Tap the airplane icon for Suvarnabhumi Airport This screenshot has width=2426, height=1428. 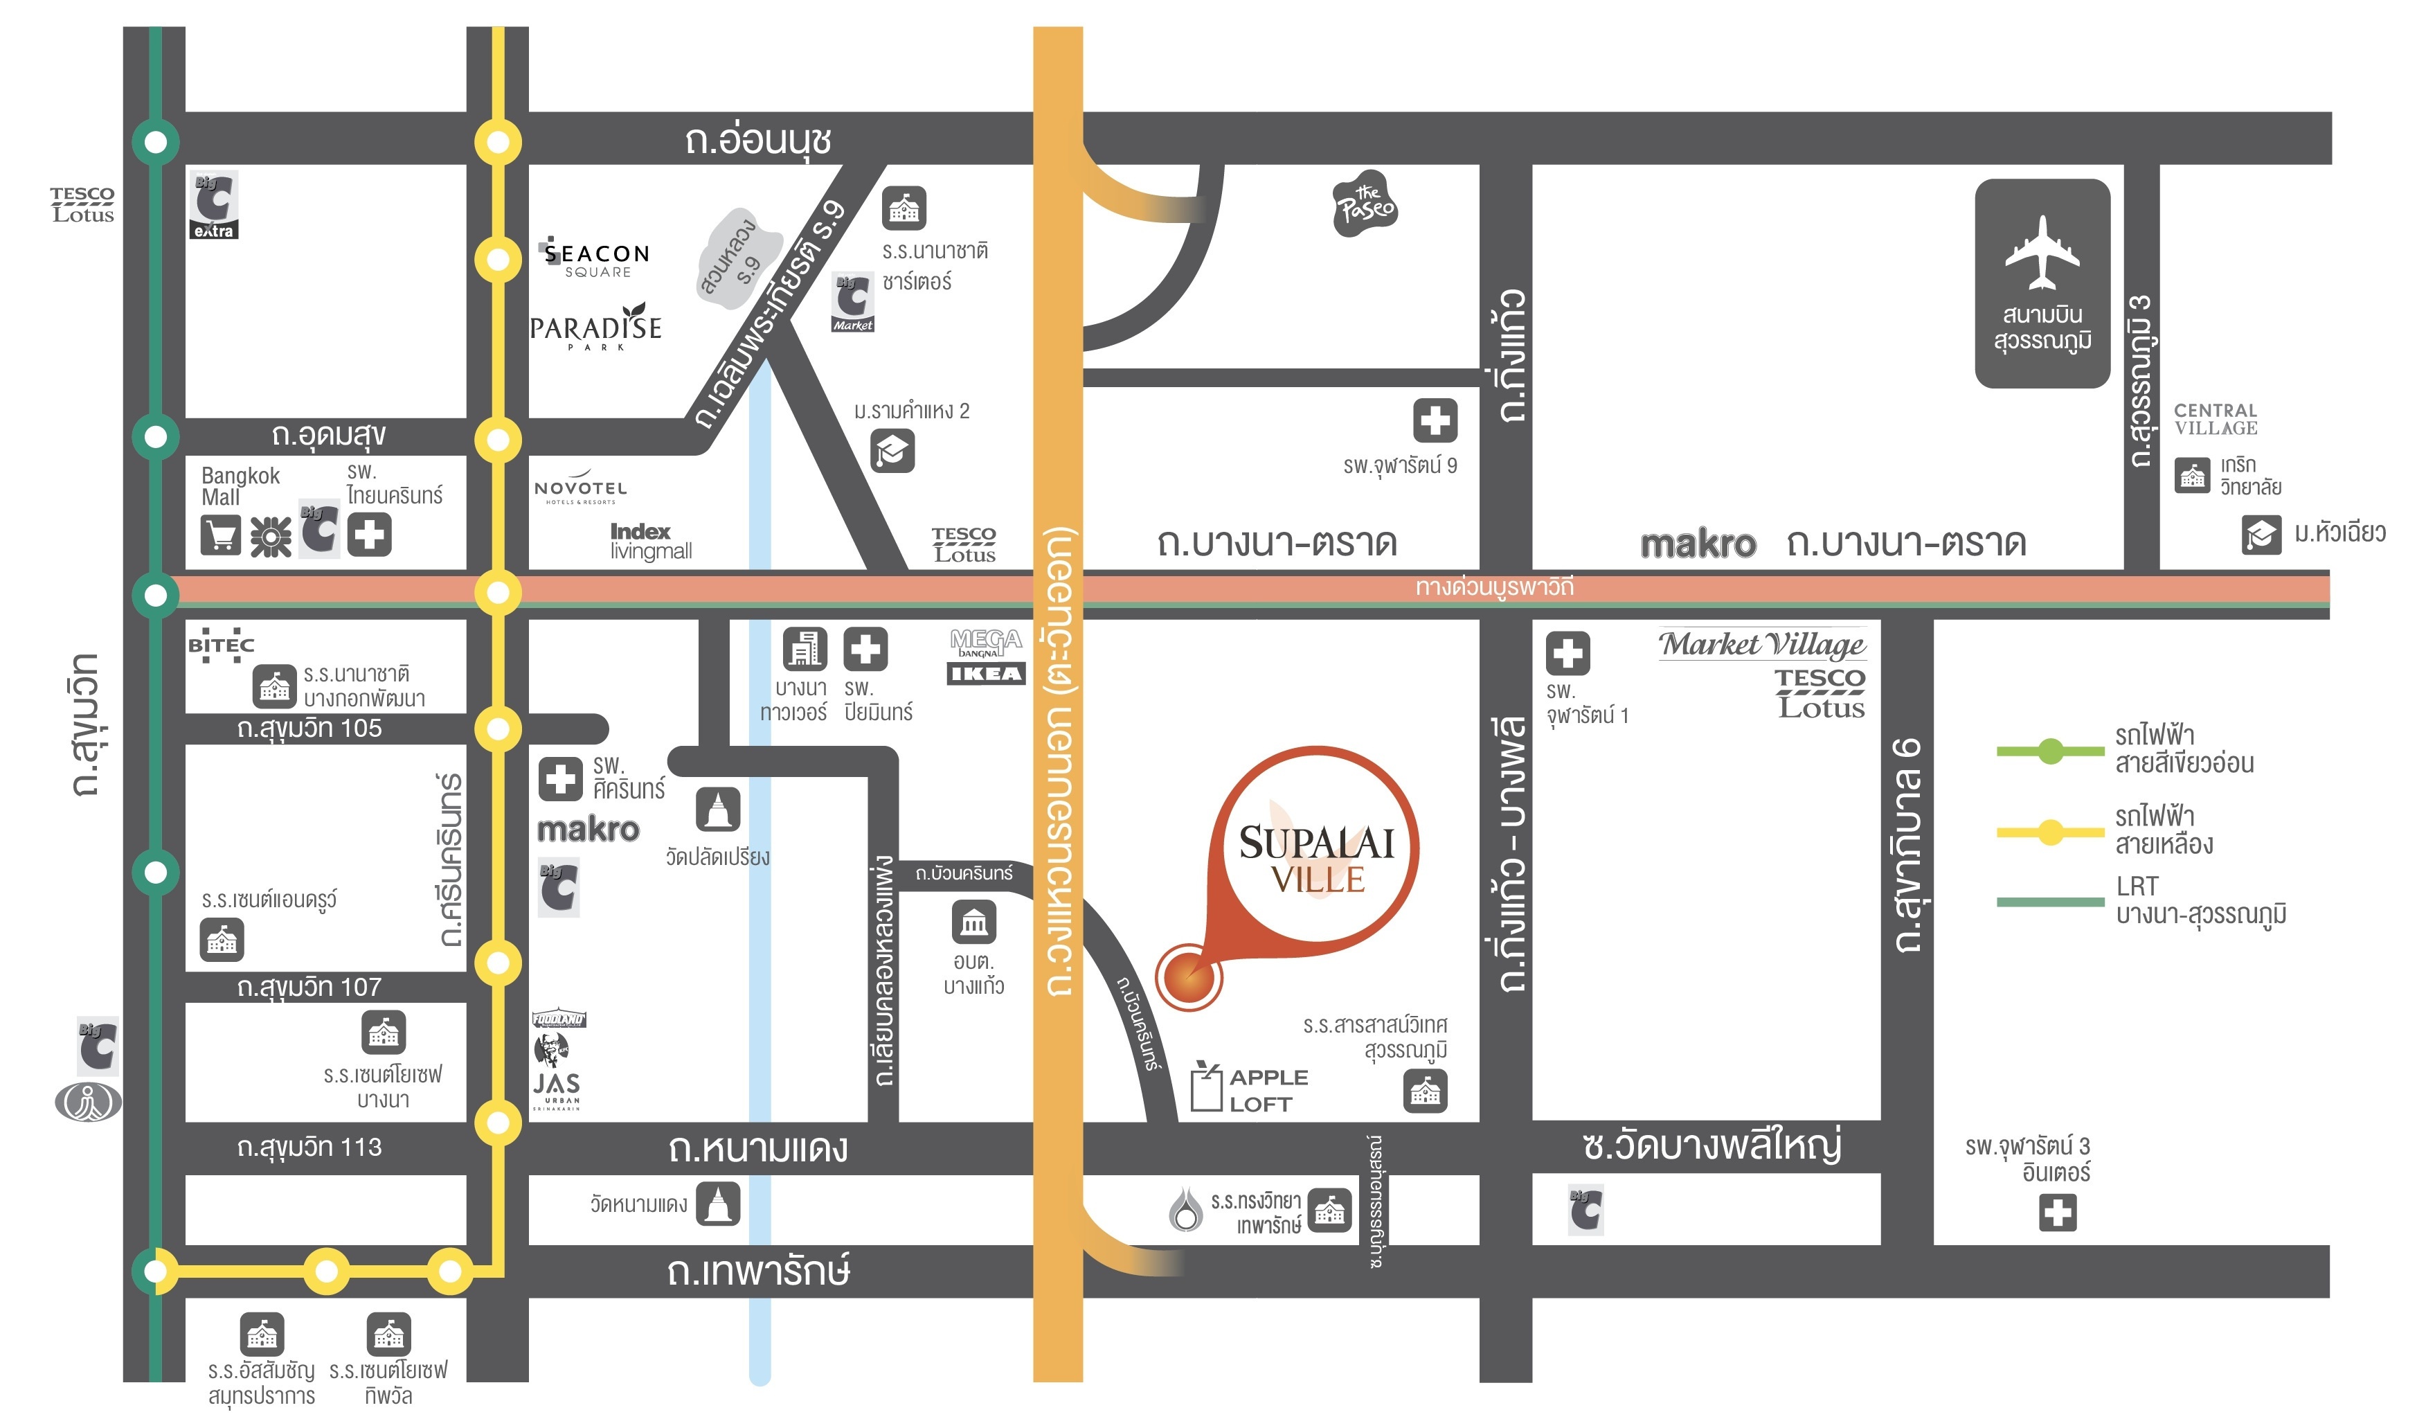(2041, 252)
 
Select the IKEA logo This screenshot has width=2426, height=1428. (986, 674)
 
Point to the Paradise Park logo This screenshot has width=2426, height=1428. (596, 328)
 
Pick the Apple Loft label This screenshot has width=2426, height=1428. (1267, 1090)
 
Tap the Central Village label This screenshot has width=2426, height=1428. (2215, 420)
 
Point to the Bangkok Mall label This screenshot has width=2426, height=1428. (240, 486)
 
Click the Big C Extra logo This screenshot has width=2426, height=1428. (214, 205)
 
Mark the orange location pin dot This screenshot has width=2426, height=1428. (1188, 977)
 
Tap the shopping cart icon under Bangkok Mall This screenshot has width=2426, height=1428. (220, 535)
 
